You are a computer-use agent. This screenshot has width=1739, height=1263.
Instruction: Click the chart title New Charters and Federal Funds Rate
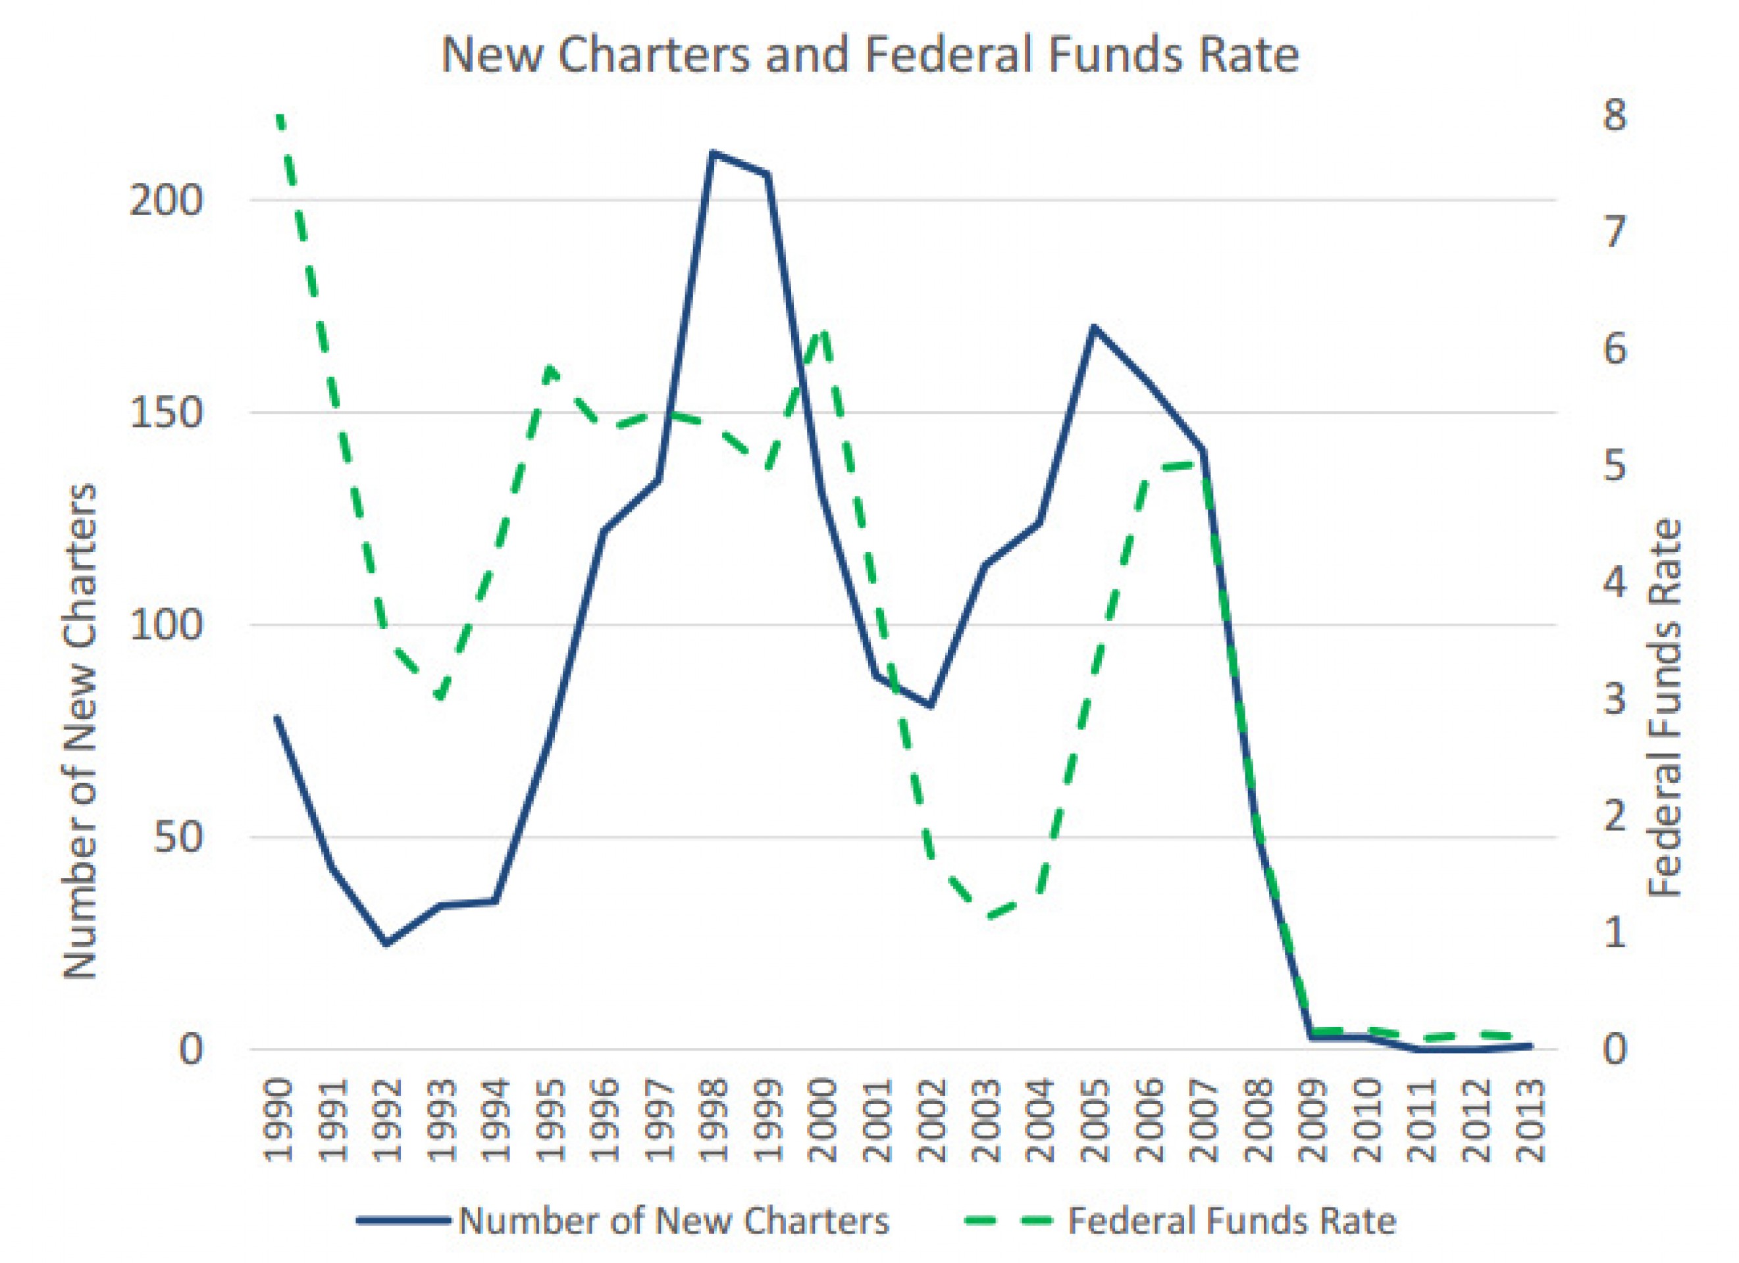[x=869, y=55]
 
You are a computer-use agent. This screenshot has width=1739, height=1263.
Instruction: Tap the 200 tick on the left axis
[x=167, y=201]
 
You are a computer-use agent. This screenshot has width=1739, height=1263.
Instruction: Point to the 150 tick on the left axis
[x=167, y=414]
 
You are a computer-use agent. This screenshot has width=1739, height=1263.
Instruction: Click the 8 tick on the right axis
[x=1613, y=117]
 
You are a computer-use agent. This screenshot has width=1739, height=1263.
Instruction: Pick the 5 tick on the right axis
[x=1613, y=468]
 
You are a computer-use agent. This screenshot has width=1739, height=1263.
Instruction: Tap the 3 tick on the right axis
[x=1613, y=701]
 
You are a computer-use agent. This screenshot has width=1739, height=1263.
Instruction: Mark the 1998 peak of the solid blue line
[x=712, y=153]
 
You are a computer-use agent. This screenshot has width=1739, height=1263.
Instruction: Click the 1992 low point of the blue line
[x=386, y=943]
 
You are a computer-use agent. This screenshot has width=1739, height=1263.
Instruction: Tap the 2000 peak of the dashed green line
[x=823, y=331]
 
